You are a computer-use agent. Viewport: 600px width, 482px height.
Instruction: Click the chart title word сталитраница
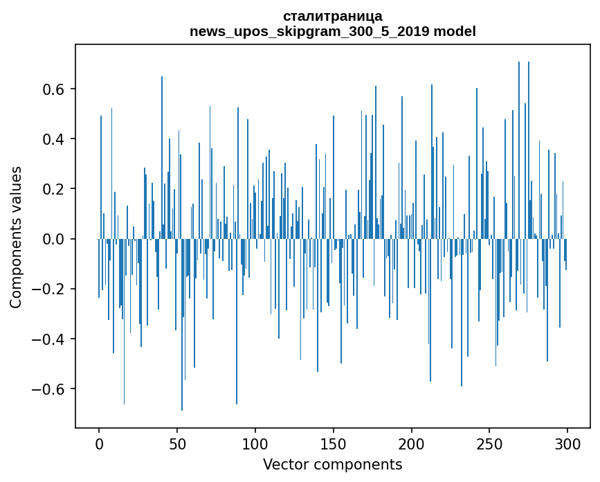coord(332,16)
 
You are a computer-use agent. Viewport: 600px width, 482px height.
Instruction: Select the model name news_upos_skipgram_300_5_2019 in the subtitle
coord(310,31)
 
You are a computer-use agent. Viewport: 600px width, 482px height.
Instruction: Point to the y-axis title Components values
coord(16,238)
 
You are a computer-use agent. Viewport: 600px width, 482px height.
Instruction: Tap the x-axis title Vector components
coord(332,464)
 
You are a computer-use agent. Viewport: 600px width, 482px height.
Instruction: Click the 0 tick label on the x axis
coord(99,443)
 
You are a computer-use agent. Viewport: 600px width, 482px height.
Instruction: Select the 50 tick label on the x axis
coord(177,443)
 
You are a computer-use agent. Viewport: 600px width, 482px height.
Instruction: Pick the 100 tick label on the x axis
coord(255,443)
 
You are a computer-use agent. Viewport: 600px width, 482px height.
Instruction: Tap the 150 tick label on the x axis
coord(334,443)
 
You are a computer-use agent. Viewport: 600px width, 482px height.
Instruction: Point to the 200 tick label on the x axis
coord(412,443)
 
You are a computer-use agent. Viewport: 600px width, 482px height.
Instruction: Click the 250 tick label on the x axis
coord(490,443)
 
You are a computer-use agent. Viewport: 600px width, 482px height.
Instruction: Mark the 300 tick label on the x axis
coord(568,443)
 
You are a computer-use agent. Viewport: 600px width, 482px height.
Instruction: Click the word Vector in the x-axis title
coord(284,464)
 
